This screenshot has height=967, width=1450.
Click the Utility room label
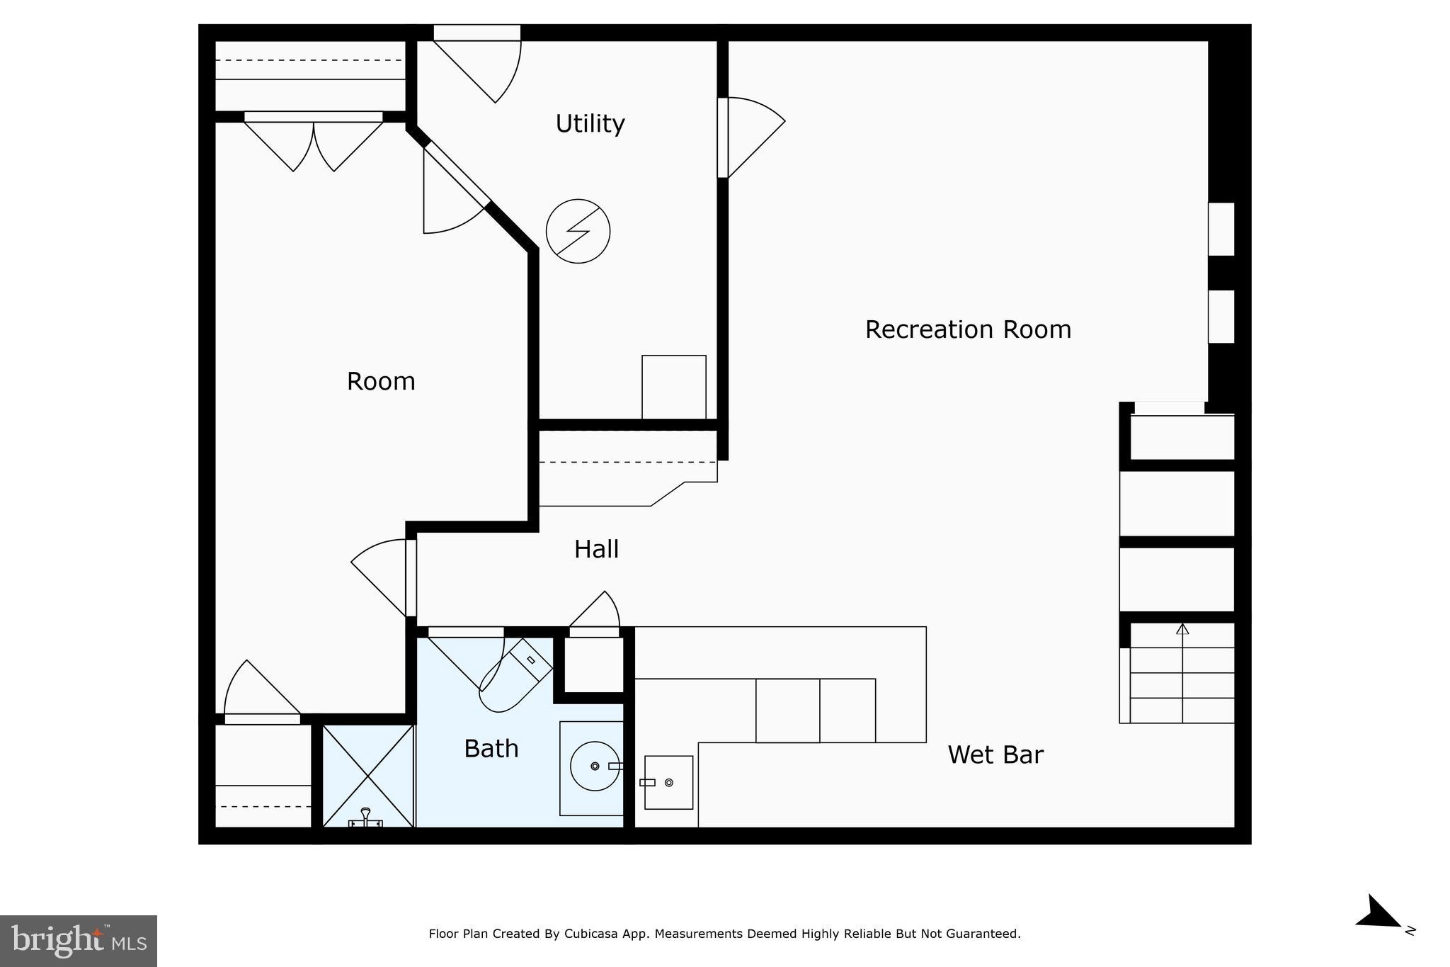click(590, 124)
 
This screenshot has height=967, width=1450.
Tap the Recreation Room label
click(967, 329)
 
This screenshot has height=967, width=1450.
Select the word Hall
click(596, 549)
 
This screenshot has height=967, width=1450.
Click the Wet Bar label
click(995, 754)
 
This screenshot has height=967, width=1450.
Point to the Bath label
click(491, 749)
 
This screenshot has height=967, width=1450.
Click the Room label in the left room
click(381, 382)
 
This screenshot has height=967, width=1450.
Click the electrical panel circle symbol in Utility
click(578, 231)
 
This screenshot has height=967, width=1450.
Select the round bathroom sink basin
click(595, 766)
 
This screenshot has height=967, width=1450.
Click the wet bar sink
click(668, 782)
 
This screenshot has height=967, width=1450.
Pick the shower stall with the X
click(368, 775)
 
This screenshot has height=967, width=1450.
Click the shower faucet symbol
click(365, 818)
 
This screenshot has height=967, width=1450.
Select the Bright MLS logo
click(78, 941)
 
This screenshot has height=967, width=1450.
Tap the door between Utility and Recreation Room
click(750, 138)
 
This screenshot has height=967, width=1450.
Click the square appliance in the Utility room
click(673, 387)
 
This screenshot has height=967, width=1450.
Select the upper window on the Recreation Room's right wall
click(1221, 229)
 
